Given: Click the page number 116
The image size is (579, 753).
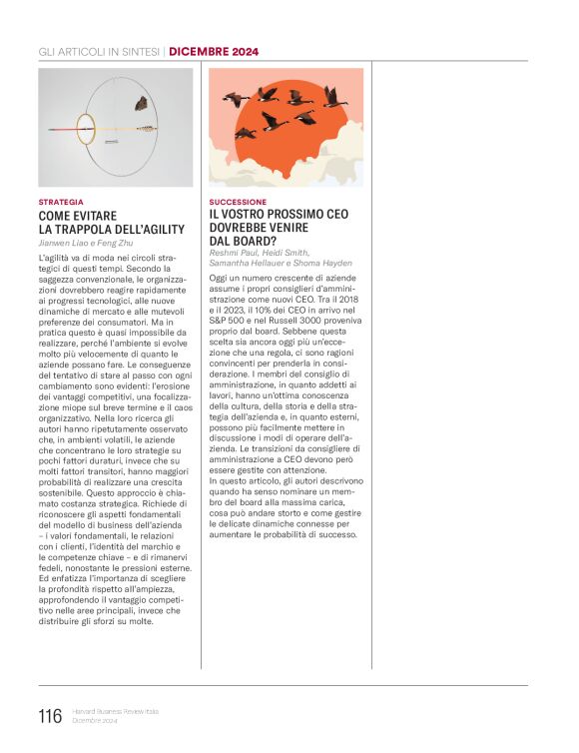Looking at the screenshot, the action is [49, 716].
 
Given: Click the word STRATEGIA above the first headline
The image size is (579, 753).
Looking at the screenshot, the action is [61, 202].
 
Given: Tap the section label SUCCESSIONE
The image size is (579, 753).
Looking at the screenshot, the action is [238, 202].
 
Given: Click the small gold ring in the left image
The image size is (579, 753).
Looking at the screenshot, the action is [86, 127].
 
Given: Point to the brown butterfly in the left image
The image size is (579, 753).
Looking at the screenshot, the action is [141, 103].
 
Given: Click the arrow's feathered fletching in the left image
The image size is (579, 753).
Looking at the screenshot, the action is [149, 128].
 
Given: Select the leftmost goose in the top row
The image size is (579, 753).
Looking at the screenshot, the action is [236, 100].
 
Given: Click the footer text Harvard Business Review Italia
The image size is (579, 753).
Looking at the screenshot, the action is [118, 711].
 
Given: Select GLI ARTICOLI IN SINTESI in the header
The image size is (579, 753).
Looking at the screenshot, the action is [99, 51].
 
